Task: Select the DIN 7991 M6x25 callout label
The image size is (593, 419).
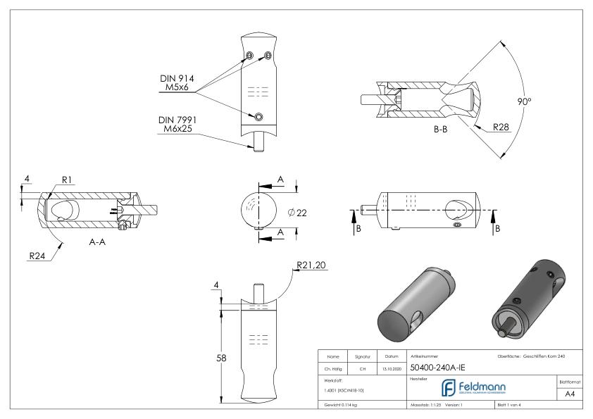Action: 178,125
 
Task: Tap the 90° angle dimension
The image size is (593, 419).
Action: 523,101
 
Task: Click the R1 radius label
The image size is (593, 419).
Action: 68,180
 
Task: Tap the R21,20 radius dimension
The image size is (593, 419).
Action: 313,265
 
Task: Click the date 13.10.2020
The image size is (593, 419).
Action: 392,368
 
